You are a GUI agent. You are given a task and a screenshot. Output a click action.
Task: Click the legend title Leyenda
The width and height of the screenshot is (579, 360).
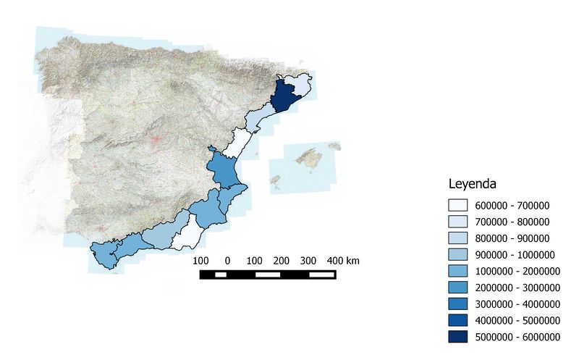pyautogui.click(x=473, y=183)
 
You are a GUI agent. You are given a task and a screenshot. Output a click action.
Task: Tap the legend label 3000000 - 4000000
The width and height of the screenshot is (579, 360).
pyautogui.click(x=517, y=304)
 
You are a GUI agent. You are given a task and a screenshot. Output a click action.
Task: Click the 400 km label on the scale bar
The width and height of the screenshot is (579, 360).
pyautogui.click(x=343, y=260)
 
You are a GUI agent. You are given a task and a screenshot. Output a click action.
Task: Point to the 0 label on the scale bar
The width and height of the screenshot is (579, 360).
pyautogui.click(x=227, y=260)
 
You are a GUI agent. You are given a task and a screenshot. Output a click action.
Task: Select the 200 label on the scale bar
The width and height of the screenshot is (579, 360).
pyautogui.click(x=282, y=260)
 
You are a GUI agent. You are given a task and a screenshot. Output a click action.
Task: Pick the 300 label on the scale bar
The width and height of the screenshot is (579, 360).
pyautogui.click(x=308, y=260)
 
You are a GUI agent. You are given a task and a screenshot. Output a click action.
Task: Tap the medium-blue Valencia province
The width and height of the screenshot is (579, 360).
pyautogui.click(x=224, y=169)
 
